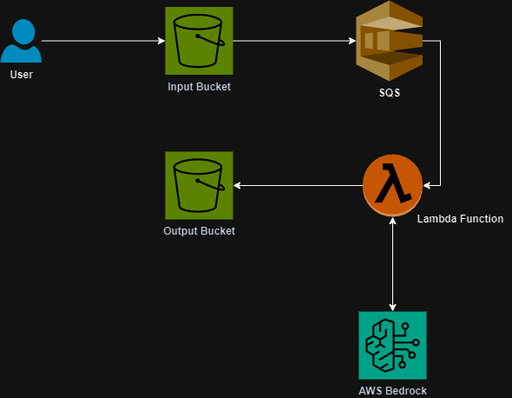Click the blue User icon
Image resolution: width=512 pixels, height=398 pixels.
point(21,41)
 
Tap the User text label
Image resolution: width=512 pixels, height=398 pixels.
point(22,75)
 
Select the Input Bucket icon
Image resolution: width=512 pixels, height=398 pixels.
point(200,41)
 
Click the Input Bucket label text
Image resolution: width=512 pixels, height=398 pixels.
point(200,87)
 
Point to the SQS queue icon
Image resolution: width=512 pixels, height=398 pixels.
point(390,41)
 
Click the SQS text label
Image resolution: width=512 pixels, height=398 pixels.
point(390,93)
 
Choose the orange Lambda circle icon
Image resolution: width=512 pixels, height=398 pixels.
point(392,185)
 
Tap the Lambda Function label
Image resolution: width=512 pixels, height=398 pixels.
point(460,219)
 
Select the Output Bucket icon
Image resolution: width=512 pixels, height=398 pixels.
point(200,185)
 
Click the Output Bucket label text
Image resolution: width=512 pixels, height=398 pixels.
point(200,231)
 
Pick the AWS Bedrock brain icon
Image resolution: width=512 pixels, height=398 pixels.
point(392,345)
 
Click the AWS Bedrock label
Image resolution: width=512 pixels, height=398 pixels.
point(392,391)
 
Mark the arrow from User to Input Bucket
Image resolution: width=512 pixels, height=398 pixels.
point(103,41)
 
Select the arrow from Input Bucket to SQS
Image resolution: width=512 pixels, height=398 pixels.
point(294,41)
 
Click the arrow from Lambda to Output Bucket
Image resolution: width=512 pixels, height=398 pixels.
point(299,185)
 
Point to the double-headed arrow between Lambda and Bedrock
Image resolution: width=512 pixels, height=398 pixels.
point(392,264)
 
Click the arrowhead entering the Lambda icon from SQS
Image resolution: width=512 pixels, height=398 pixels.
point(427,186)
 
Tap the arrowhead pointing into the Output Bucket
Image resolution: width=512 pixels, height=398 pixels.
point(237,185)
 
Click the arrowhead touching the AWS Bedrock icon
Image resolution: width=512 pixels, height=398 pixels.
point(392,308)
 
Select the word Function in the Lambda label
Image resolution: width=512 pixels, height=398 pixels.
point(481,219)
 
